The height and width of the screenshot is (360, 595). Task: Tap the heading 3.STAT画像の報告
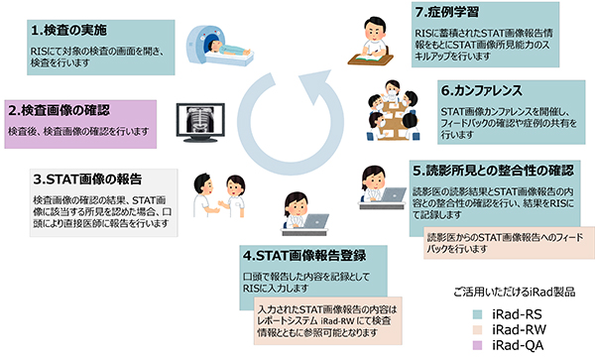(x=88, y=180)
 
